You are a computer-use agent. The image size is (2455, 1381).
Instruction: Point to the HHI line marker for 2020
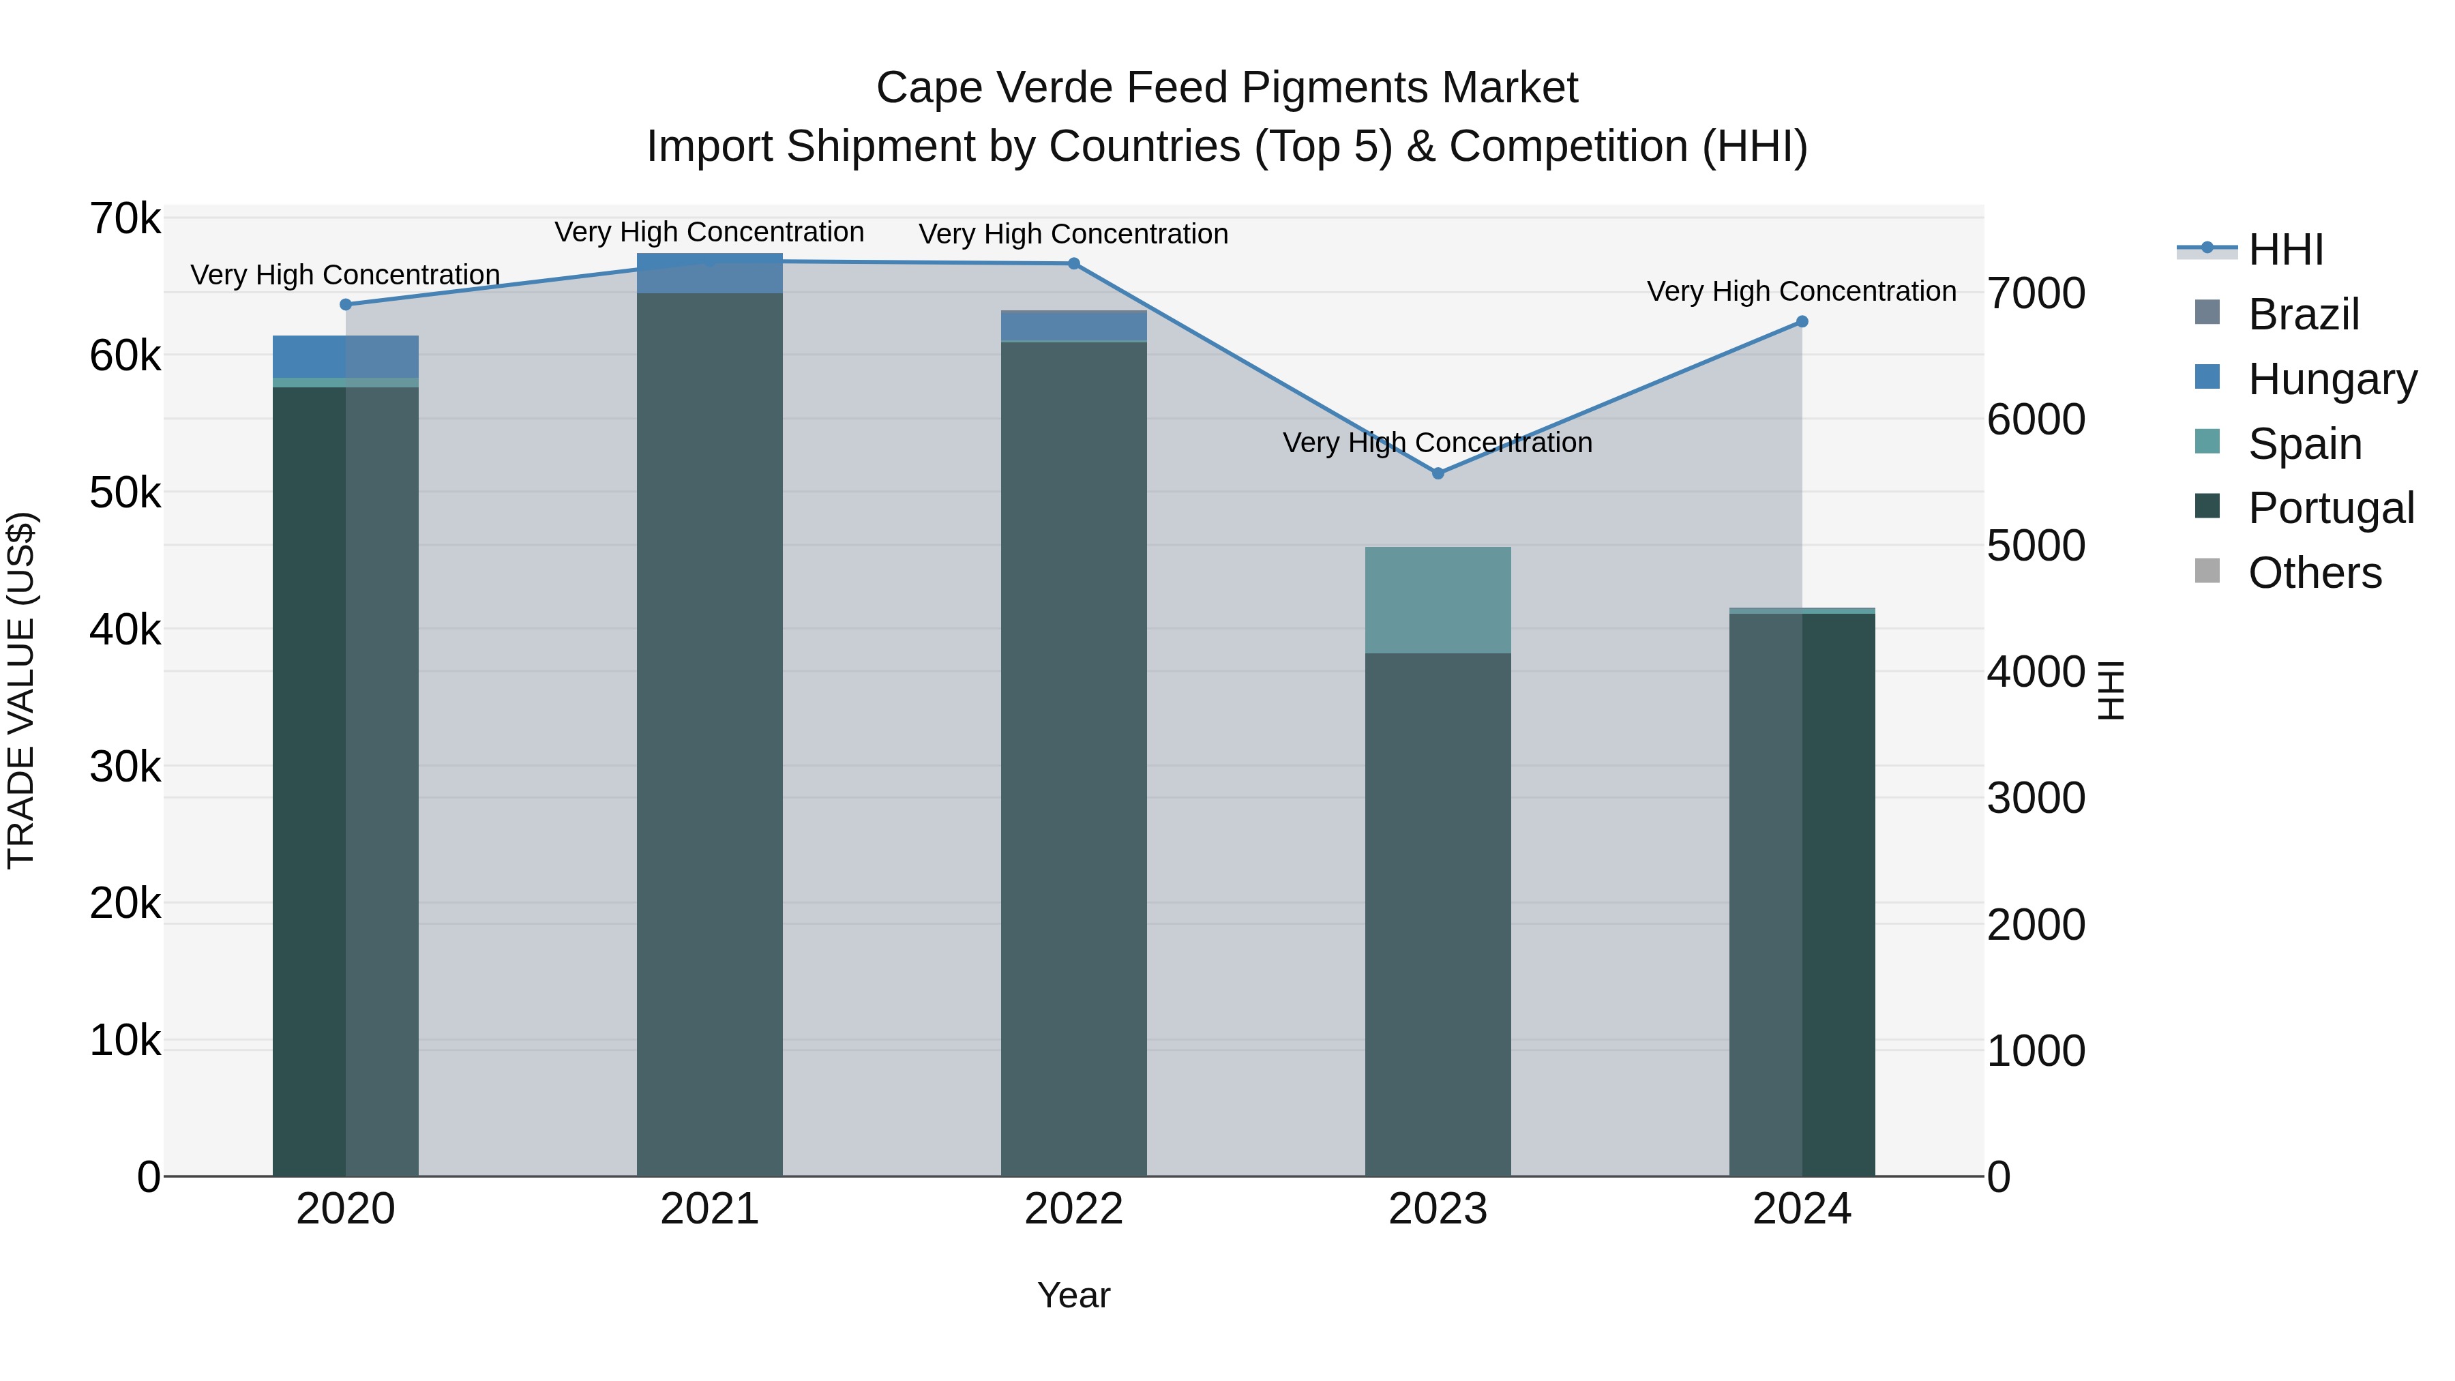(x=346, y=305)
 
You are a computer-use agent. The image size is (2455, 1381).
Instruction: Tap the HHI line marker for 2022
(x=1074, y=264)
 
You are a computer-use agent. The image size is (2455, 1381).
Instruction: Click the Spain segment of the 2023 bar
(x=1438, y=600)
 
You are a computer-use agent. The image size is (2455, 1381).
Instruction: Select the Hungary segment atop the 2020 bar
(x=346, y=357)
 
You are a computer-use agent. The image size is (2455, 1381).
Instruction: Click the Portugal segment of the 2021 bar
(x=710, y=734)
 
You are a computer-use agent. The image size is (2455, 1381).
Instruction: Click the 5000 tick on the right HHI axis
(x=2036, y=546)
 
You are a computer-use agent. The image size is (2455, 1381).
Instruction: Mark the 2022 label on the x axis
(x=1074, y=1209)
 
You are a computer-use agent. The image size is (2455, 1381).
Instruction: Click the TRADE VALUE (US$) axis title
(x=22, y=690)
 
